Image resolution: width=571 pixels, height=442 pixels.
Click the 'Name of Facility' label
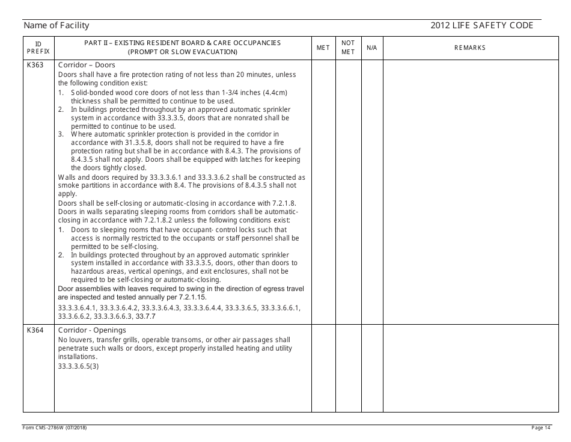56,25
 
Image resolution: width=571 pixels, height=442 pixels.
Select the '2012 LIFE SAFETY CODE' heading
481,25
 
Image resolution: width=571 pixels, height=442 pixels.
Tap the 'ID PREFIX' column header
38,48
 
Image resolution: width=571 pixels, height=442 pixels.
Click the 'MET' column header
323,48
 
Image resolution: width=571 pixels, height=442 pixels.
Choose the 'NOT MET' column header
348,48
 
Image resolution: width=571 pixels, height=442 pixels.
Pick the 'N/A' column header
371,48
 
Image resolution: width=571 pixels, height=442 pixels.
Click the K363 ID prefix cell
35,65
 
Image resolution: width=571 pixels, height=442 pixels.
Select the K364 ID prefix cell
35,330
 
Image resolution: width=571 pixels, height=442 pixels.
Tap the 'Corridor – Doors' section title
87,65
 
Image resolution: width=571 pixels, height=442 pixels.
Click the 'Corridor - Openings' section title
92,330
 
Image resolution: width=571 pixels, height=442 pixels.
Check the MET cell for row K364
323,368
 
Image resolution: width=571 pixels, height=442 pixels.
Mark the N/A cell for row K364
371,368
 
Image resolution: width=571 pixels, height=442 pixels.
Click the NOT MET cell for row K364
348,368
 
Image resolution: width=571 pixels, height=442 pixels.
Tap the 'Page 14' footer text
541,428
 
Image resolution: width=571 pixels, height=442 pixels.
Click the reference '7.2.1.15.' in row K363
191,297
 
